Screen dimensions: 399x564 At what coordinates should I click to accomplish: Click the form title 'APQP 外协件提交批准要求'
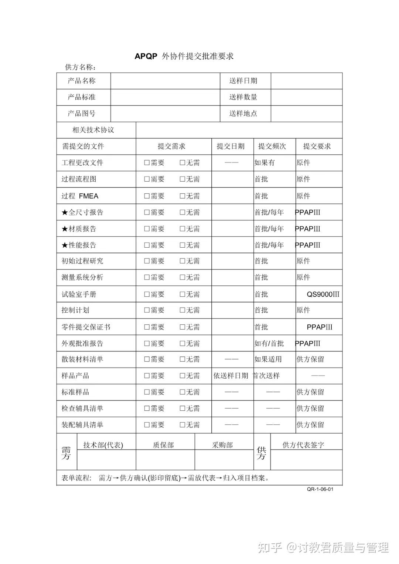point(184,56)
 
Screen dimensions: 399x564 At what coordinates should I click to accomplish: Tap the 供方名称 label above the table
point(81,67)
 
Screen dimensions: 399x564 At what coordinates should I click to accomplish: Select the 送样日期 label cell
point(243,81)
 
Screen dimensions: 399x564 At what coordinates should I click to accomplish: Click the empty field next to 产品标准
point(165,97)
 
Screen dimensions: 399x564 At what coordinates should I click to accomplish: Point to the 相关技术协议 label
point(93,130)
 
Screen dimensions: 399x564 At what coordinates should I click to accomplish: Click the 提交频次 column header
point(272,146)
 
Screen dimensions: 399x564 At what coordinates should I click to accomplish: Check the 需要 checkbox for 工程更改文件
point(147,163)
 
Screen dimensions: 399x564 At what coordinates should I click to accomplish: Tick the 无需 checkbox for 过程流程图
point(183,179)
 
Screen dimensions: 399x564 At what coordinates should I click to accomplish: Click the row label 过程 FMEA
point(80,196)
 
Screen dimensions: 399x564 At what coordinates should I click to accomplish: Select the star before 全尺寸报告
point(65,213)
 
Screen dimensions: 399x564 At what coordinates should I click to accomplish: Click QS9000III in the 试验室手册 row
point(323,294)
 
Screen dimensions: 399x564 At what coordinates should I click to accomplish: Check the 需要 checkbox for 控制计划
point(147,310)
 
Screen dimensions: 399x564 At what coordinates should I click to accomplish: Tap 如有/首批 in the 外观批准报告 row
point(269,343)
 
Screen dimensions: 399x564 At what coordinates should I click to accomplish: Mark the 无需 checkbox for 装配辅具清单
point(183,425)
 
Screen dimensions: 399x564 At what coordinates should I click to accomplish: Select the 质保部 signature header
point(163,445)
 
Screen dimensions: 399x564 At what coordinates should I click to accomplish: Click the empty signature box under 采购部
point(224,460)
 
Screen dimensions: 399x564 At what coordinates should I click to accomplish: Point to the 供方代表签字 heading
point(303,445)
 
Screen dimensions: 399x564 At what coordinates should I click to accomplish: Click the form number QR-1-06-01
point(320,489)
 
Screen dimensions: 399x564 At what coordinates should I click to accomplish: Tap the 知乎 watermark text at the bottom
point(270,547)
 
